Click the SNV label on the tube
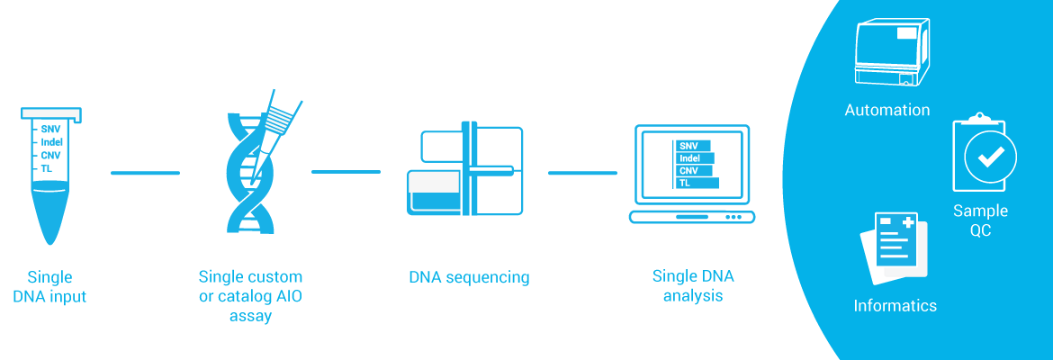pos(50,129)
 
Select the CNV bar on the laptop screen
pos(693,170)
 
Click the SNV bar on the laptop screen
pos(692,146)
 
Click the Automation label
pos(886,111)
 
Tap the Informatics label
pos(895,306)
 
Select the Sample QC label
pos(980,220)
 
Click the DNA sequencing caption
pos(469,277)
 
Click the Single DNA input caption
pos(50,286)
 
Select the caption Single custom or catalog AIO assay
pos(250,296)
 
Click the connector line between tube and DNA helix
pos(145,173)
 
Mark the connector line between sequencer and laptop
pos(582,173)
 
